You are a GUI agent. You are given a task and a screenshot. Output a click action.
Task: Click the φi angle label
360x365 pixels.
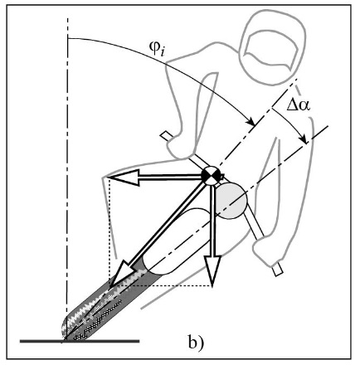[157, 49]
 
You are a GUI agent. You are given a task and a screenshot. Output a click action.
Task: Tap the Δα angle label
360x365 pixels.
[299, 105]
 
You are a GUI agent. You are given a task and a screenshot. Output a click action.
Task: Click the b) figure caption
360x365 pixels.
[196, 343]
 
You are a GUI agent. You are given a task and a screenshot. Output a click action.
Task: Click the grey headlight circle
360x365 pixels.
[231, 201]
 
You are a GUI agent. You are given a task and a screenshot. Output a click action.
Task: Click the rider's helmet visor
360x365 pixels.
[272, 51]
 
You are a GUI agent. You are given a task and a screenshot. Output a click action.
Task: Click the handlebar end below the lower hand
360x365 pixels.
[278, 269]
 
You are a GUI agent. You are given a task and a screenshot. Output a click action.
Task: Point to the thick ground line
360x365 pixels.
[80, 341]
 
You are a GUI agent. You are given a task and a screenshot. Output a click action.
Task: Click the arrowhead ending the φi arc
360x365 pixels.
[251, 122]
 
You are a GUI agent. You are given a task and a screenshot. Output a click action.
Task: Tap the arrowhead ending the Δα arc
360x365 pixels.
[304, 139]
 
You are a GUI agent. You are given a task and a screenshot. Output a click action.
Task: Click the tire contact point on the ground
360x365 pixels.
[66, 340]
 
